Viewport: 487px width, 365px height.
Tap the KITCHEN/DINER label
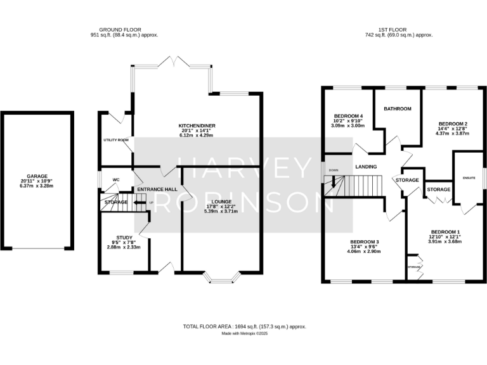[196, 126]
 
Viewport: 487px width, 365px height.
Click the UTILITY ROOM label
[116, 139]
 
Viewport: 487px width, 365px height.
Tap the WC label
[116, 179]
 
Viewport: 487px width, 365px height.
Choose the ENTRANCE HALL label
[157, 189]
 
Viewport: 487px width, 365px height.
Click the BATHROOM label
[398, 109]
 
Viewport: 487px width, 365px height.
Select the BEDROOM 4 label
[347, 115]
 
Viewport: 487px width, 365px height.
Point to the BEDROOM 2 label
[454, 124]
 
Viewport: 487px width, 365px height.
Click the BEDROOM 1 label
[445, 232]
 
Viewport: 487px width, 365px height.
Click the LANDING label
[366, 167]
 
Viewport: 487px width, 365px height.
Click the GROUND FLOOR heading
[120, 30]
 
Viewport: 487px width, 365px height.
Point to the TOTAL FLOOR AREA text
[243, 326]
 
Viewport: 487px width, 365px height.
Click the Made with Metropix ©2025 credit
[243, 333]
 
